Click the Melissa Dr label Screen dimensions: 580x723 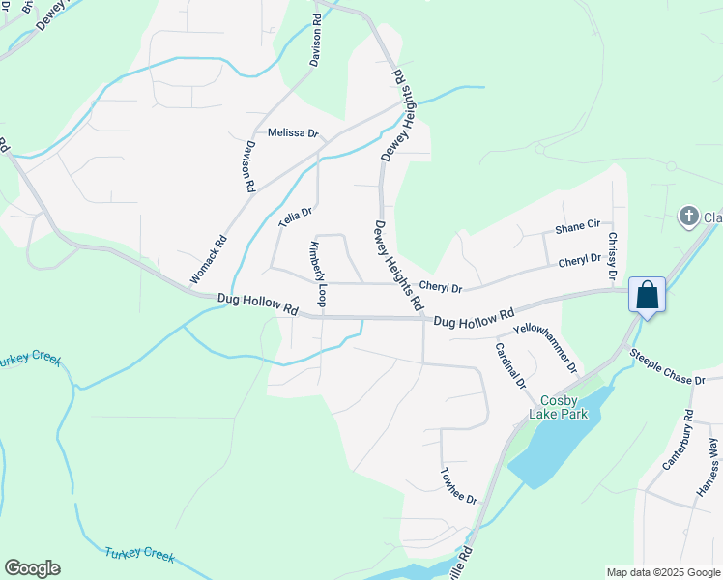point(293,133)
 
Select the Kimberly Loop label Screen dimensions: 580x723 point(316,275)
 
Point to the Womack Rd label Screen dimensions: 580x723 point(208,260)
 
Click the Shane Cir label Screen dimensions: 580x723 point(578,229)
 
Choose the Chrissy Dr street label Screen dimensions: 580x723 point(612,256)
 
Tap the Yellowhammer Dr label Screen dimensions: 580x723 point(545,348)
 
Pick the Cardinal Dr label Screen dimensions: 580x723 point(510,365)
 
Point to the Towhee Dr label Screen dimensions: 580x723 point(458,485)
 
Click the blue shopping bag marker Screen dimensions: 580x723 point(647,295)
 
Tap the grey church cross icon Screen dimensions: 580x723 point(688,215)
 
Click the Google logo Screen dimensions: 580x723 point(32,568)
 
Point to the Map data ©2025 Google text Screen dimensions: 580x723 point(662,572)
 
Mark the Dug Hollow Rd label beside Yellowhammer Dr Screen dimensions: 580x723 point(474,320)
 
